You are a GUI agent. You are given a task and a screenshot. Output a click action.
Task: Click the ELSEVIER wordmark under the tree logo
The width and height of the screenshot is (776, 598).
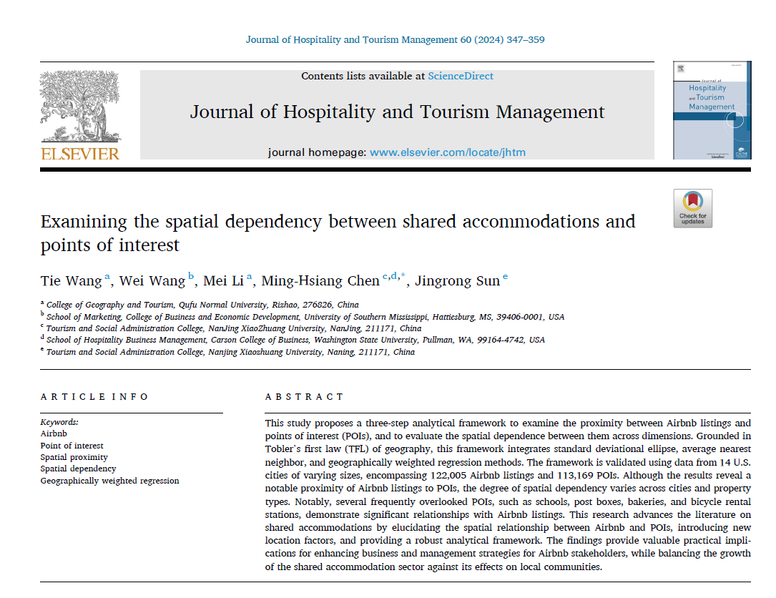coord(80,153)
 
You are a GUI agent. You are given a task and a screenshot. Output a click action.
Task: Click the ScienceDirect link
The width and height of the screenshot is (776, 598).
coord(461,76)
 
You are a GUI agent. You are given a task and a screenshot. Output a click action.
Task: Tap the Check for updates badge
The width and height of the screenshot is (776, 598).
coord(692,208)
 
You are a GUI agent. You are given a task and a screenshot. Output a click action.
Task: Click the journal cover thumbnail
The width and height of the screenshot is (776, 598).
coord(712,110)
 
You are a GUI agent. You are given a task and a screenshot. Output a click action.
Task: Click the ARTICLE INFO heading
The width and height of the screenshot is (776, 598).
coord(94,396)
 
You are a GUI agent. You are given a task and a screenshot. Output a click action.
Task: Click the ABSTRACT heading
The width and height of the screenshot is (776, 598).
coord(304,396)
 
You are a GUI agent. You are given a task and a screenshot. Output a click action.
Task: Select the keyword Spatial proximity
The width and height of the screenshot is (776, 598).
coord(74,457)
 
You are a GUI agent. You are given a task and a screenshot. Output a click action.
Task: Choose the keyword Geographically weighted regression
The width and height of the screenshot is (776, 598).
coord(109,481)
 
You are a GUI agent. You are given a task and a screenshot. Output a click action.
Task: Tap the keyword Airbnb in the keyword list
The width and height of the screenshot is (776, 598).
coord(54,433)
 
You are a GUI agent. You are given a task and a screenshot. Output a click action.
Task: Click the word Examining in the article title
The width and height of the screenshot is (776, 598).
coord(84,221)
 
